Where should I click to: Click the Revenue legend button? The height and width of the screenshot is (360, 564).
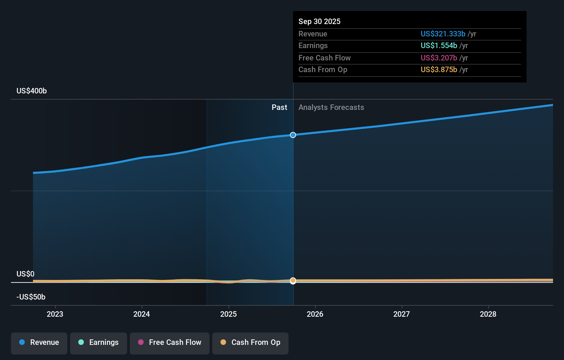(39, 342)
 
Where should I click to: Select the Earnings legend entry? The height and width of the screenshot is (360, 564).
(99, 342)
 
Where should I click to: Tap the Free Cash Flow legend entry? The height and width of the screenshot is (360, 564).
(170, 342)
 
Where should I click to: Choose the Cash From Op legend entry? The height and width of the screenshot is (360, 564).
(250, 342)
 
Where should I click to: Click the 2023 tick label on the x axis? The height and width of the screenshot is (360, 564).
(55, 314)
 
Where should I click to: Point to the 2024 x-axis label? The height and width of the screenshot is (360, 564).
(142, 314)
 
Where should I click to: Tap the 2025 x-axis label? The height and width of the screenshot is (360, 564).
(228, 314)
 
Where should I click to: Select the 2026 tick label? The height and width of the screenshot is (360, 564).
(315, 314)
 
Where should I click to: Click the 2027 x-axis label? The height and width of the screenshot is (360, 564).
(402, 314)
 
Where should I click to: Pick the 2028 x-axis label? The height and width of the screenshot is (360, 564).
(488, 314)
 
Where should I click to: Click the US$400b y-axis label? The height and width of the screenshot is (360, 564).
(32, 91)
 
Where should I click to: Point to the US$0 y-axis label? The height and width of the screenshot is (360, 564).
(25, 274)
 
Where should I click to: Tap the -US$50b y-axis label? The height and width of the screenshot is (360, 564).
(31, 297)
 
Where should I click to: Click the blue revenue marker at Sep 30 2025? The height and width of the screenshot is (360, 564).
(293, 135)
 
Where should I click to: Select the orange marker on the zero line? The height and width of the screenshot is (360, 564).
(293, 281)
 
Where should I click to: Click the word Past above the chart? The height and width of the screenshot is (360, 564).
(279, 107)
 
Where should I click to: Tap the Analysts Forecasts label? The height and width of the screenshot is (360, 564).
(331, 107)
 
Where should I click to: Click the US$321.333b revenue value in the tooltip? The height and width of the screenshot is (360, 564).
(443, 34)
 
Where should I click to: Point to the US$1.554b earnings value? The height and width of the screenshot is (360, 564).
(439, 45)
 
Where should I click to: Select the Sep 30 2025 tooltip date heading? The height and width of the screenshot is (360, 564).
(319, 21)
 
